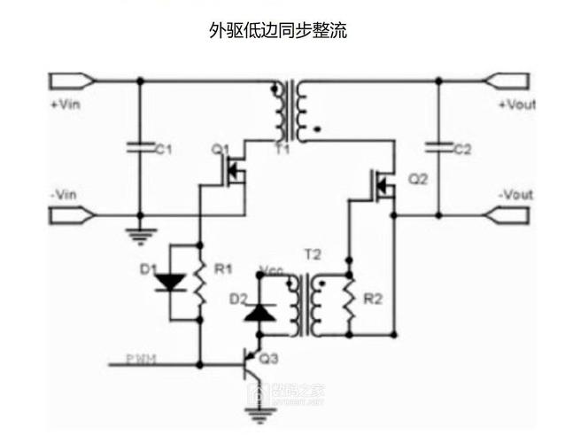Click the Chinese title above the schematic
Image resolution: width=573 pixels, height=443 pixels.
point(277,31)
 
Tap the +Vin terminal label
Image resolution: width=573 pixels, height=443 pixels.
point(66,105)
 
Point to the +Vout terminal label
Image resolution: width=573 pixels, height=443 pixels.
point(516,105)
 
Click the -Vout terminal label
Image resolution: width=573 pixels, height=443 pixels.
point(515,194)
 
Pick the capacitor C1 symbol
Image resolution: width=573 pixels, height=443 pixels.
point(140,147)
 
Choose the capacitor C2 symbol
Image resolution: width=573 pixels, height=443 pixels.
point(438,147)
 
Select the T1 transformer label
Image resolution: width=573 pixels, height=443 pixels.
point(282,149)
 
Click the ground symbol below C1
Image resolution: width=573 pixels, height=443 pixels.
point(140,234)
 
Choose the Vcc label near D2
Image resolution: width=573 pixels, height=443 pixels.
point(270,268)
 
